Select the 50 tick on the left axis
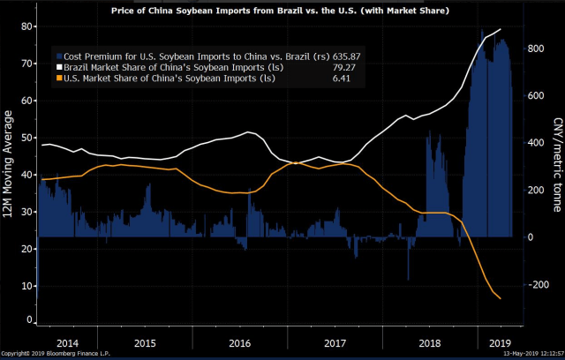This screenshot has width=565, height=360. pyautogui.click(x=26, y=155)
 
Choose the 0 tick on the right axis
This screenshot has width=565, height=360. pyautogui.click(x=529, y=237)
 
